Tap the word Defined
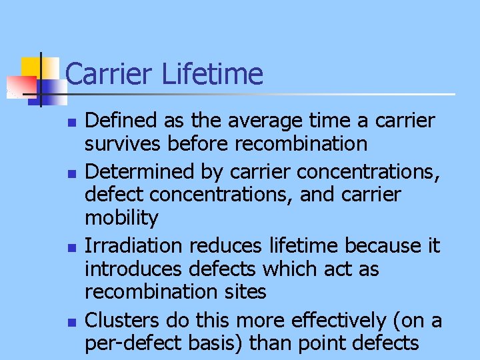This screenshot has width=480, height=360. (118, 121)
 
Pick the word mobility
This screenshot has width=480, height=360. (122, 218)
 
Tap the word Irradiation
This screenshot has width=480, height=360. (135, 246)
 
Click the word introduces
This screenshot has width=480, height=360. (135, 269)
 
